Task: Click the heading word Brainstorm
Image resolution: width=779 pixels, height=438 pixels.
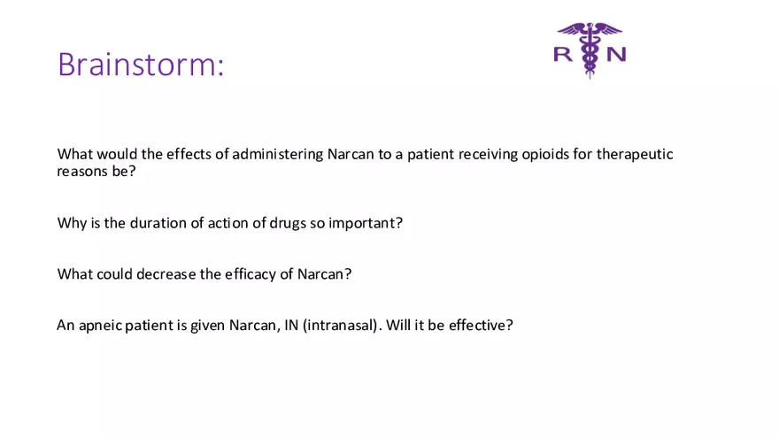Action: click(141, 65)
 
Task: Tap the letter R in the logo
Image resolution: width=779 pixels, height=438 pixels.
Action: click(562, 54)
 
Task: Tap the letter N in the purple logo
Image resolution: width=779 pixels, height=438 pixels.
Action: click(616, 54)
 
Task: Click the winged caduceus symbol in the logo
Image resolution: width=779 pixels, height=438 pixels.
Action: click(590, 49)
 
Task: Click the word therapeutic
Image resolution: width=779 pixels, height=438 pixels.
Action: click(634, 154)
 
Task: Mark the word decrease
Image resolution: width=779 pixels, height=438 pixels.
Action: click(166, 274)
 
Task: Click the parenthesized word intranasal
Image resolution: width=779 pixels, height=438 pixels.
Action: click(342, 326)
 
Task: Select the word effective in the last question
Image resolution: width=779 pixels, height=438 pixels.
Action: click(479, 326)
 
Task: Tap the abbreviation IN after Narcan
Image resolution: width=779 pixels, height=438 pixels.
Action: click(290, 326)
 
